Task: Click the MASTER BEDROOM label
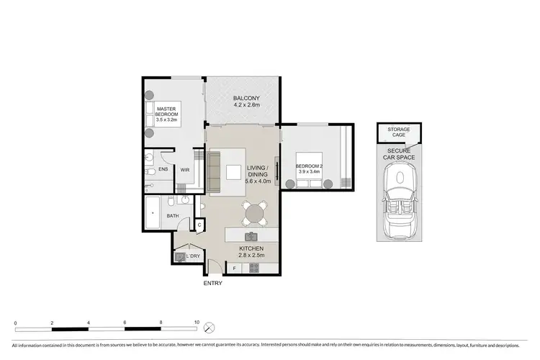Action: (x=166, y=115)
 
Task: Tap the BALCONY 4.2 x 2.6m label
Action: (x=246, y=102)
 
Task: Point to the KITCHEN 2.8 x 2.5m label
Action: (x=252, y=251)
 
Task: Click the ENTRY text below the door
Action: (x=212, y=283)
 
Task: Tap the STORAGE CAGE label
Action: (x=399, y=133)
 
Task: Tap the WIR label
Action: (x=185, y=171)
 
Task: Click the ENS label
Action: (x=163, y=171)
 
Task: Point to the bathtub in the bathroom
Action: (x=152, y=214)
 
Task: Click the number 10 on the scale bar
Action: (x=197, y=322)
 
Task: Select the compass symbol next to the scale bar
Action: (x=209, y=328)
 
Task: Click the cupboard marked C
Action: (x=199, y=225)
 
